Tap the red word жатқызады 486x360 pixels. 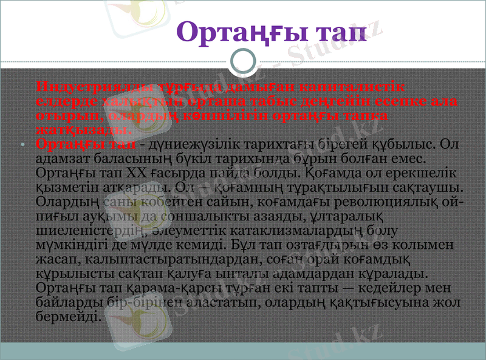click(84, 130)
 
